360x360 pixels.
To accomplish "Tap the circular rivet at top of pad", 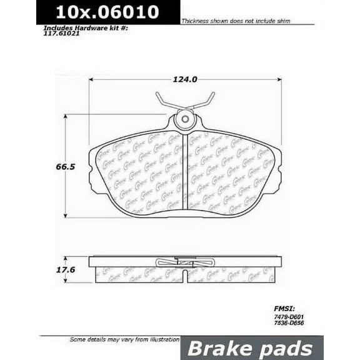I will coord(184,120).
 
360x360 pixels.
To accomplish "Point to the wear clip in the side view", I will coord(184,262).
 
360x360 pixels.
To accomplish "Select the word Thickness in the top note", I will coord(194,21).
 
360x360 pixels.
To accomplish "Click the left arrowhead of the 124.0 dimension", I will coord(92,80).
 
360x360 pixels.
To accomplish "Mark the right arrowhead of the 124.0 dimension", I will coord(279,80).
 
